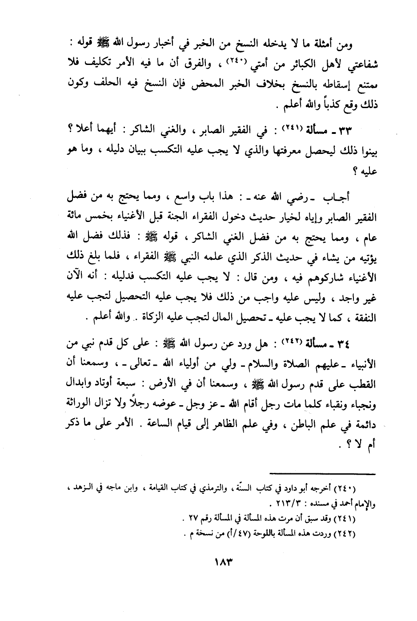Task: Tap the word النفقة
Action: (x=364, y=319)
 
